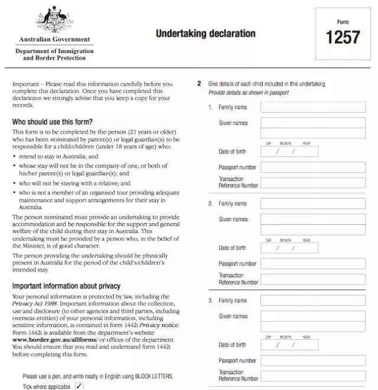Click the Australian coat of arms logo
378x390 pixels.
click(x=55, y=21)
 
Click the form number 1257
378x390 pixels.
click(x=343, y=37)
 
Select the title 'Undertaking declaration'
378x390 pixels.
click(x=206, y=34)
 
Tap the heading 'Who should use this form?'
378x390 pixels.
click(x=53, y=122)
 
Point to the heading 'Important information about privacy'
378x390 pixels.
click(x=66, y=286)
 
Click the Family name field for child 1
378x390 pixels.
click(x=313, y=107)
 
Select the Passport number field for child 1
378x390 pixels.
click(x=313, y=167)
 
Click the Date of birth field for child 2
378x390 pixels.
click(x=289, y=248)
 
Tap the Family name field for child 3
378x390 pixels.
click(x=313, y=300)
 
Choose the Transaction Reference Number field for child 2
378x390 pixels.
click(x=313, y=279)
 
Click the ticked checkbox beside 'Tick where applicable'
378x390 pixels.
click(x=79, y=386)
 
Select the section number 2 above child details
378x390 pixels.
click(x=200, y=84)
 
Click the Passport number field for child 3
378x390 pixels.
click(x=313, y=360)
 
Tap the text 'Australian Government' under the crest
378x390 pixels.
click(x=54, y=40)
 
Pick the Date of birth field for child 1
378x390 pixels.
click(x=289, y=152)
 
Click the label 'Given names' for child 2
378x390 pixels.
click(x=233, y=219)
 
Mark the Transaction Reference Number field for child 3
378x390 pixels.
click(x=313, y=376)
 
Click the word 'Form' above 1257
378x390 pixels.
click(x=343, y=22)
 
